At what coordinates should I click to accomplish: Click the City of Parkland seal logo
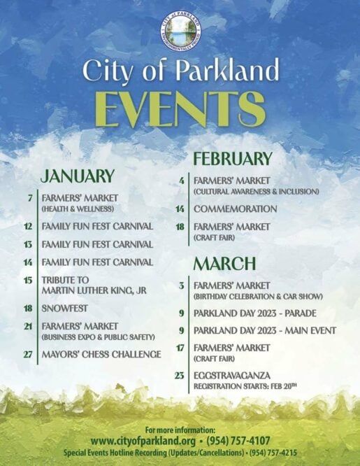(180, 31)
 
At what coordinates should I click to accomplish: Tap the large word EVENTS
(180, 110)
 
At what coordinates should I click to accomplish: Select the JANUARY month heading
(78, 176)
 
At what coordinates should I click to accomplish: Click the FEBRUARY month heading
(233, 158)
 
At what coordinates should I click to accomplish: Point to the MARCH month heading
(224, 263)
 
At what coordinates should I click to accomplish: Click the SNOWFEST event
(64, 308)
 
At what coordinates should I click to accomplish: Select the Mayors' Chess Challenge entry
(101, 354)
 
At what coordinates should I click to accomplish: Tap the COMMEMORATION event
(236, 209)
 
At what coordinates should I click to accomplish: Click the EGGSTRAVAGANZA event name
(232, 375)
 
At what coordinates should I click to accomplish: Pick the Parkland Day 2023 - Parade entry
(255, 313)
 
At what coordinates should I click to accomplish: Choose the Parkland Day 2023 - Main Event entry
(265, 330)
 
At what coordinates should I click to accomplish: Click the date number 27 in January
(28, 355)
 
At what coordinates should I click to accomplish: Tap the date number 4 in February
(182, 181)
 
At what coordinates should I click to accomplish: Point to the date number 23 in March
(180, 376)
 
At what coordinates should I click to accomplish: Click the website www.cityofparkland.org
(143, 440)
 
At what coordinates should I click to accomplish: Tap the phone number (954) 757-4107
(238, 440)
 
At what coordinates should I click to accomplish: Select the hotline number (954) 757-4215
(273, 453)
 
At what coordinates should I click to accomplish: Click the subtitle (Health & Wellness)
(78, 209)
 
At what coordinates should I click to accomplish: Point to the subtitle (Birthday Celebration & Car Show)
(258, 297)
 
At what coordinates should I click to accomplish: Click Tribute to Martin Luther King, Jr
(94, 285)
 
